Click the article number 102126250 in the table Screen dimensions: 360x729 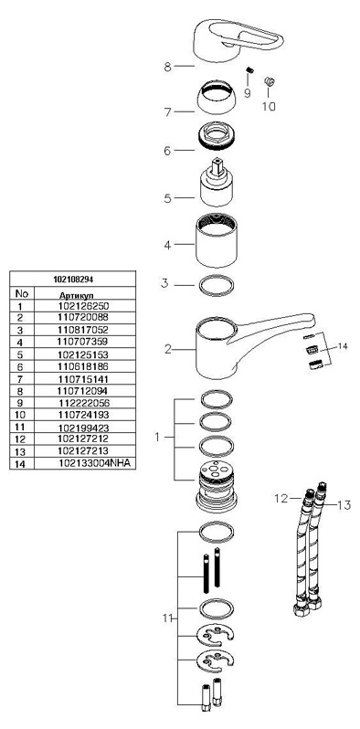(83, 306)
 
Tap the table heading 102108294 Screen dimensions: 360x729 (73, 280)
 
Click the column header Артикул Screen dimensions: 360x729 (76, 295)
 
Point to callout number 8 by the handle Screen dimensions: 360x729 (167, 67)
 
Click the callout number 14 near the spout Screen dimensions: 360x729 (343, 346)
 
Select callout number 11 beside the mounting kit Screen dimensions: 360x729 (167, 618)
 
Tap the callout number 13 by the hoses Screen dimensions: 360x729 (344, 506)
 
